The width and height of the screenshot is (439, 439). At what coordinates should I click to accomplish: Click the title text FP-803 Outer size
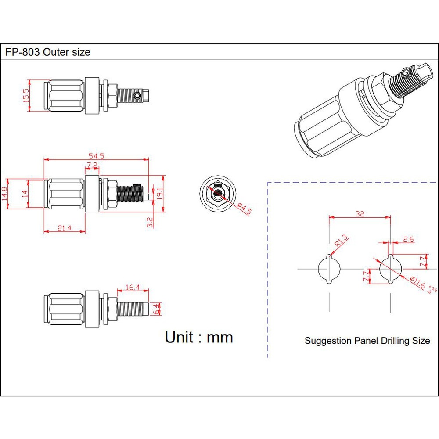point(48,52)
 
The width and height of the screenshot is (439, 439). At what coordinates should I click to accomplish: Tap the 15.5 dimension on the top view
point(26,95)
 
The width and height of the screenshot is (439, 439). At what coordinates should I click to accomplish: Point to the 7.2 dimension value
point(92,165)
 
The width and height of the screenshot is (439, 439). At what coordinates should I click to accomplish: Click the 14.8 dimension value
point(4,194)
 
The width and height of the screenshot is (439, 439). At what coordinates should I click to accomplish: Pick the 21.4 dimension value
point(64,228)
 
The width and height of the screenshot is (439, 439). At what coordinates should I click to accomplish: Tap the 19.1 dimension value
point(160,194)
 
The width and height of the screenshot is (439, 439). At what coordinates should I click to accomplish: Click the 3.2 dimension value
point(149,222)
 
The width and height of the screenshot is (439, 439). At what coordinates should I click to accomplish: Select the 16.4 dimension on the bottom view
point(132,288)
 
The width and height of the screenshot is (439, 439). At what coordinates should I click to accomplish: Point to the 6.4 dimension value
point(156,309)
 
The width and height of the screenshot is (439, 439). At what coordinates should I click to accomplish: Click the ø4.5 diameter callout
point(244,208)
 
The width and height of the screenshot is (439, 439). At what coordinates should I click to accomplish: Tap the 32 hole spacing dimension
point(360,214)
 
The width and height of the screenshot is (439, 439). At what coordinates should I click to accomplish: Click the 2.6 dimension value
point(408,239)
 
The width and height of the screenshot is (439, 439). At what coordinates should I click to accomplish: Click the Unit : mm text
point(199,337)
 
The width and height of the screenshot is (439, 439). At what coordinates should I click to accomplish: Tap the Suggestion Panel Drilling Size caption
point(367,341)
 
